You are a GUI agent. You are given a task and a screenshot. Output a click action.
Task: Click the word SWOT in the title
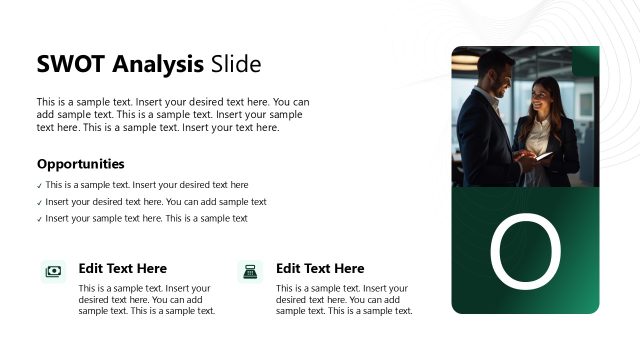[x=70, y=65]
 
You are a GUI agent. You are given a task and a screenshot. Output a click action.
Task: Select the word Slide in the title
[x=236, y=65]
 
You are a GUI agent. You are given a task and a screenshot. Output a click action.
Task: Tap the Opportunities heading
[x=81, y=164]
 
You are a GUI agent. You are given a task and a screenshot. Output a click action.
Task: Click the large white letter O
[x=525, y=251]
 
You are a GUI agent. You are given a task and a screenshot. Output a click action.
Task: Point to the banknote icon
[x=53, y=271]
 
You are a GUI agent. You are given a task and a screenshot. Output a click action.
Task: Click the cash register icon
[x=250, y=271]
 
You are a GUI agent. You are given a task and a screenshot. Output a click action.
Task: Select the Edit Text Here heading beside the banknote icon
[x=122, y=268]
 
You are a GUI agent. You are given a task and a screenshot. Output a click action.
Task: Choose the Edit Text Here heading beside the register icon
[x=320, y=268]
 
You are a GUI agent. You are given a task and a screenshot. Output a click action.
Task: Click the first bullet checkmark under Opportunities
[x=39, y=185]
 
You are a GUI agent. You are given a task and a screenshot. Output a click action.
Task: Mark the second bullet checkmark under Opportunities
[x=39, y=202]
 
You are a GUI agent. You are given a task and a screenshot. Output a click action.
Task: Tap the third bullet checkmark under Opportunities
[x=39, y=219]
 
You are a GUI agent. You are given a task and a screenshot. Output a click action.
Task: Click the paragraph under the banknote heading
[x=146, y=299]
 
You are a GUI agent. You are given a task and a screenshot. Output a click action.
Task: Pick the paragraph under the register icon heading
[x=344, y=299]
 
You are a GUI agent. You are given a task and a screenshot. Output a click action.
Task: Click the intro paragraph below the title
[x=173, y=114]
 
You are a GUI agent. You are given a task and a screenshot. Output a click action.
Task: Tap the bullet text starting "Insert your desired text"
[x=156, y=202]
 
